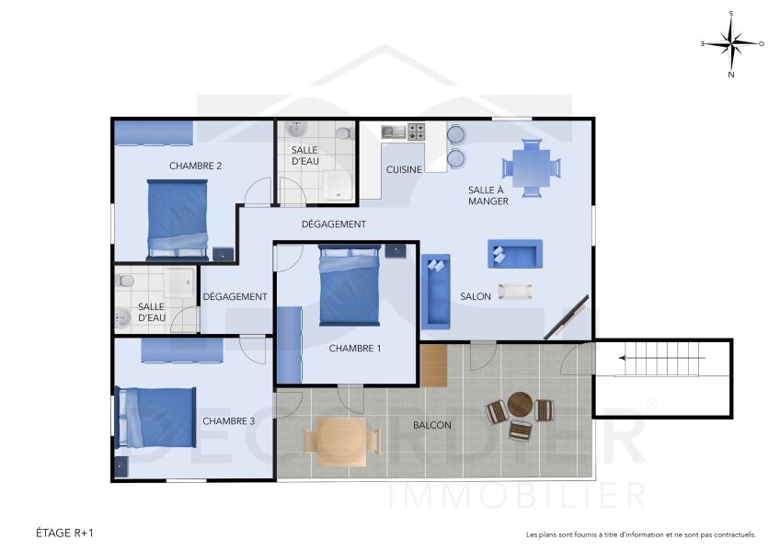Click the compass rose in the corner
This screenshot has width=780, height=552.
(731, 43)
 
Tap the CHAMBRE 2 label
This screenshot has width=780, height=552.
(195, 166)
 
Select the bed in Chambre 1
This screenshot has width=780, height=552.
(349, 285)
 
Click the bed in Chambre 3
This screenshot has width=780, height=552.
(156, 416)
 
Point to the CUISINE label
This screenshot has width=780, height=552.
(404, 169)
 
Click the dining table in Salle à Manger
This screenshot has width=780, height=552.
(532, 167)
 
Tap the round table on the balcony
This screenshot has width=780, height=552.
(520, 404)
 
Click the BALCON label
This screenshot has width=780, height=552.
(432, 425)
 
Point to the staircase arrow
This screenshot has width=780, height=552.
(662, 358)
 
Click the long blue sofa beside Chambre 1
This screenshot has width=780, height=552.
(435, 292)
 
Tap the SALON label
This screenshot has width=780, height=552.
(476, 296)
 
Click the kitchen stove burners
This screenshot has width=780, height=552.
(417, 132)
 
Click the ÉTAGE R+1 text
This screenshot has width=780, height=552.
(65, 533)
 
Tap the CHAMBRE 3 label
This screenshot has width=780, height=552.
(228, 421)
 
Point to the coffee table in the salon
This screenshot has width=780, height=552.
(515, 292)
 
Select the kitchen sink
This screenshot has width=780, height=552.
(394, 132)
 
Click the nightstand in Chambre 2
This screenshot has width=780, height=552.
(224, 253)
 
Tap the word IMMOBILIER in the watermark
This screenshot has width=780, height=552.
(516, 495)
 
